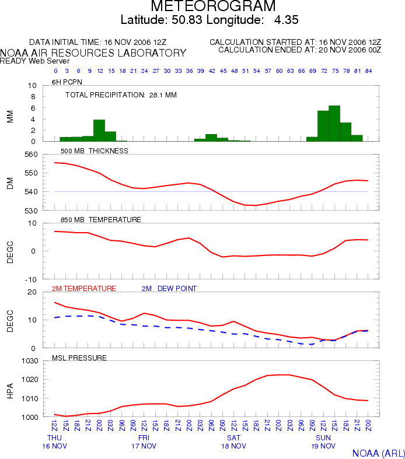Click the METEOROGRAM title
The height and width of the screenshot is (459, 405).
coord(213,6)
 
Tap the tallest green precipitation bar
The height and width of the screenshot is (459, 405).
coord(334,124)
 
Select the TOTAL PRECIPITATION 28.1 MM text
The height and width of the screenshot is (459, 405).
coord(121,95)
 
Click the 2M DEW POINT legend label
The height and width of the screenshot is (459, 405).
coord(169,289)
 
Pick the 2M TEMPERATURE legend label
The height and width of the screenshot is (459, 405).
coord(84,289)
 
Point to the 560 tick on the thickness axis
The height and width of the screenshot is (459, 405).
coord(31,155)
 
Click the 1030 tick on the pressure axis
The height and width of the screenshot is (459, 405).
coord(30,361)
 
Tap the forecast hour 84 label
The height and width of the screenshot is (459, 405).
coord(368,71)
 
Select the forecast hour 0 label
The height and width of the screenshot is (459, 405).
coord(55,71)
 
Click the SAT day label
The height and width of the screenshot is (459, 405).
coord(233,438)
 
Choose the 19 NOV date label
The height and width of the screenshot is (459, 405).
coord(323,446)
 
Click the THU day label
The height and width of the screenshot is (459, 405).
coord(54,438)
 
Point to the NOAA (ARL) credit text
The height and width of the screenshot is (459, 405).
coord(378,453)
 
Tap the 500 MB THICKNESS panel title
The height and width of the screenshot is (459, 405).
coord(95,151)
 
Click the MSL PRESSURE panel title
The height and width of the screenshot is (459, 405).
coord(79,358)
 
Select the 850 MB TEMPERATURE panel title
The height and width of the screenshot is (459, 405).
coord(101,220)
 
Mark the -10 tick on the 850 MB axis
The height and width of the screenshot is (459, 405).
coord(31,279)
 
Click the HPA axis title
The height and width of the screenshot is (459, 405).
coord(11,391)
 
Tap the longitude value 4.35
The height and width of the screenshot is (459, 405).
coord(287,20)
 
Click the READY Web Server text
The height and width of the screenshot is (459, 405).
coord(34,61)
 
